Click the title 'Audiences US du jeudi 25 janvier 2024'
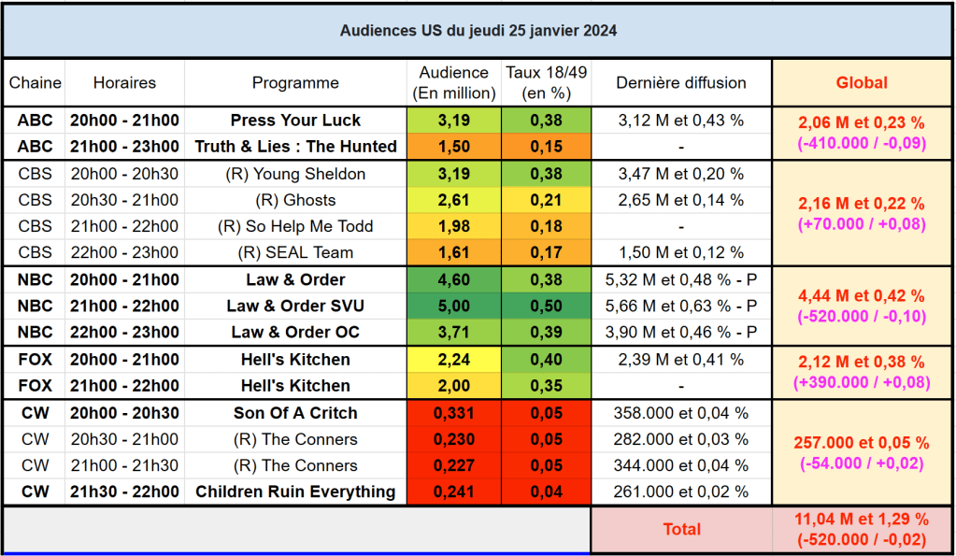pos(478,30)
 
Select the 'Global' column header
pos(862,83)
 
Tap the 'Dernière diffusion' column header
pos(680,83)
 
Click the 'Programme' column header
pos(295,83)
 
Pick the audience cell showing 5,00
pos(454,307)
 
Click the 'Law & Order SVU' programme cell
pos(295,307)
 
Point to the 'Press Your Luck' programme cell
pos(295,121)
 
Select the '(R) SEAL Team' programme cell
pos(295,252)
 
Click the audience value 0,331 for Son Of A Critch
pos(454,413)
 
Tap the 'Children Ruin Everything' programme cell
pos(295,492)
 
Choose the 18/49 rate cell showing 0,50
pos(546,307)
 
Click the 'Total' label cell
pos(681,529)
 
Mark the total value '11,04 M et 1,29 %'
pos(862,520)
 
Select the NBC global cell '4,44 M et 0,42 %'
pos(862,296)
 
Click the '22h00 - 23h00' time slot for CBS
pos(124,252)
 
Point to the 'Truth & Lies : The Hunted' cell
pos(295,147)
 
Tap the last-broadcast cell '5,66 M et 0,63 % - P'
pos(680,307)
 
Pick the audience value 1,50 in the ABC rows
pos(454,147)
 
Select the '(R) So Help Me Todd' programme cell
pos(295,226)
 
